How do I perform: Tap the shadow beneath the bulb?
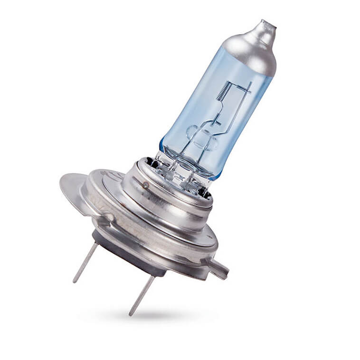tap(157, 316)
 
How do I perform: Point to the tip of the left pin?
tap(75, 281)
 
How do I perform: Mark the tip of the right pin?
tap(131, 314)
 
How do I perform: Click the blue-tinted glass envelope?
tap(199, 109)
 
